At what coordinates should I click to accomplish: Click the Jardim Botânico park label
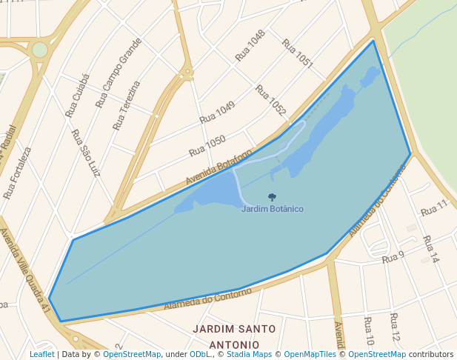(x=272, y=209)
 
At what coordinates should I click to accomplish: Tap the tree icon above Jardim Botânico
(x=272, y=198)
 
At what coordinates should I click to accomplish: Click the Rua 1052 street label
(x=270, y=100)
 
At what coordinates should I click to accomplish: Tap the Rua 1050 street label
(x=207, y=145)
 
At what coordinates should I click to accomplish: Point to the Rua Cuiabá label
(x=77, y=96)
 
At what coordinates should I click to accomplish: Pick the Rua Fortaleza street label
(x=17, y=173)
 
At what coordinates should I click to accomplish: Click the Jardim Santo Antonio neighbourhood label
(x=234, y=336)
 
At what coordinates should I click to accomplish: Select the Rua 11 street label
(x=435, y=207)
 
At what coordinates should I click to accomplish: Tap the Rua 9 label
(x=393, y=258)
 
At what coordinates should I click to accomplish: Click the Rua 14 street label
(x=431, y=250)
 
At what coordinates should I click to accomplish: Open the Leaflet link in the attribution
(x=41, y=355)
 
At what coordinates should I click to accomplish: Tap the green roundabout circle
(x=39, y=50)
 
